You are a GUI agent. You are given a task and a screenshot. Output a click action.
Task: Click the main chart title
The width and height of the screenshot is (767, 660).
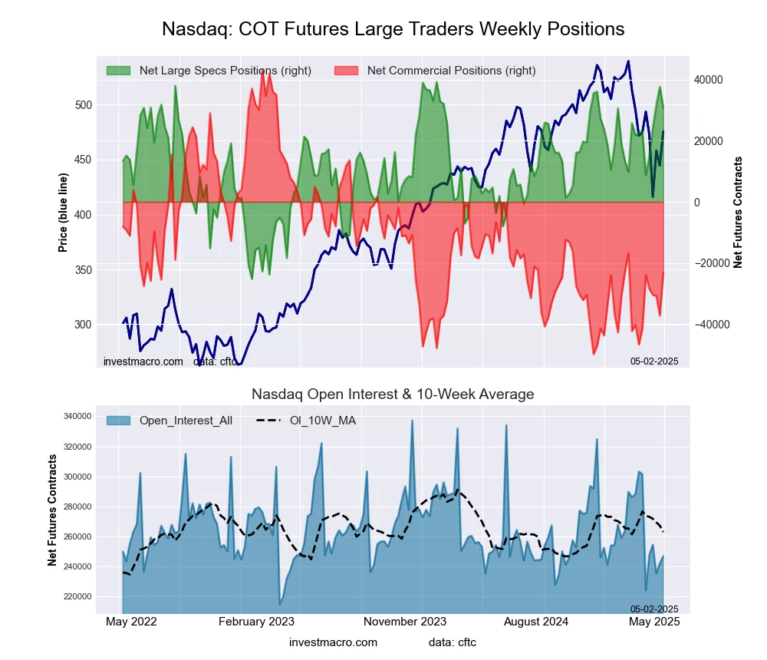(393, 29)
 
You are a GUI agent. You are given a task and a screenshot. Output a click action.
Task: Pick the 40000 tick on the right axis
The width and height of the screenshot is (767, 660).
(709, 80)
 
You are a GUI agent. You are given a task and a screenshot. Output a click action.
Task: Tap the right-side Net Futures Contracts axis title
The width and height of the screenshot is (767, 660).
(738, 212)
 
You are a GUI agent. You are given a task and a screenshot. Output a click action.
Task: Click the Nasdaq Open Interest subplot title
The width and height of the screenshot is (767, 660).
(393, 394)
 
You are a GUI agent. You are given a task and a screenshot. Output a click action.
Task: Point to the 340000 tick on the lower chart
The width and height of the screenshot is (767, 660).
(77, 417)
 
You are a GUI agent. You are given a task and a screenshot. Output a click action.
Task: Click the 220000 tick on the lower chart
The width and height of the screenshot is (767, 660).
(77, 596)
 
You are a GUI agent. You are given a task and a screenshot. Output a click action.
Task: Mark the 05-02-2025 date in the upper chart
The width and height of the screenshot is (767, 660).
(654, 361)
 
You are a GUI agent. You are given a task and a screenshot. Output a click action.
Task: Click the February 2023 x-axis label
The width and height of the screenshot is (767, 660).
(257, 622)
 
